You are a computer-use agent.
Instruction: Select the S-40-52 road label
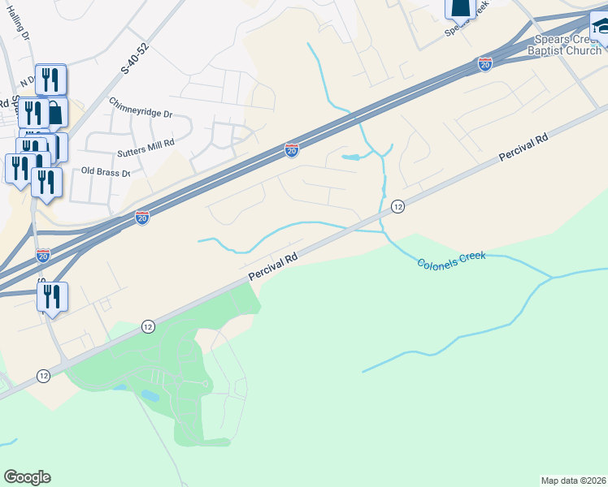(137, 59)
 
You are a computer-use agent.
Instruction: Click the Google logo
(27, 477)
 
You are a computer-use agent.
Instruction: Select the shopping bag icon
(54, 113)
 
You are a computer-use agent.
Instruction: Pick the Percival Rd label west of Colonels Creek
(273, 265)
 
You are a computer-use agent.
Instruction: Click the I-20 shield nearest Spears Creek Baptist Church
(485, 64)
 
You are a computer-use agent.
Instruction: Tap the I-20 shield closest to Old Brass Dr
(142, 218)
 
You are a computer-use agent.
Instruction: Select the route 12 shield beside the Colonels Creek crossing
(397, 207)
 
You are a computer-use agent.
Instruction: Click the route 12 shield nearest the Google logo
(44, 376)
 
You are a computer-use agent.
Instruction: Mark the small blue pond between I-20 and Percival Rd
(350, 157)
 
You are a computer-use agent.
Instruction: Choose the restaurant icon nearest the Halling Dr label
(50, 79)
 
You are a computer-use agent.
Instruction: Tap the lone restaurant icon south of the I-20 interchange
(53, 297)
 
